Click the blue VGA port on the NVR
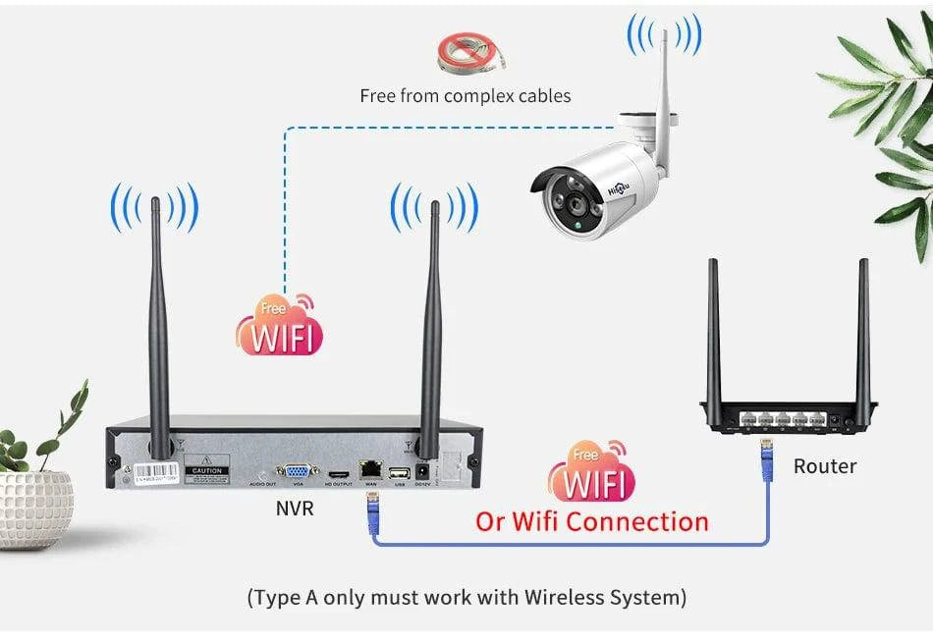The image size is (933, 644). [298, 471]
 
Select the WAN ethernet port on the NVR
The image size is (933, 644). [371, 470]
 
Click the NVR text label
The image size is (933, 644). [295, 509]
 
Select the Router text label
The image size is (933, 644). [825, 466]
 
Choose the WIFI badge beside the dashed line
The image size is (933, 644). [280, 328]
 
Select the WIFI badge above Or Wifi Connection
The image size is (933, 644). [591, 474]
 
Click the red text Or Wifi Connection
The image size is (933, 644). [591, 520]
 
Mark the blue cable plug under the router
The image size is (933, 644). [766, 461]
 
